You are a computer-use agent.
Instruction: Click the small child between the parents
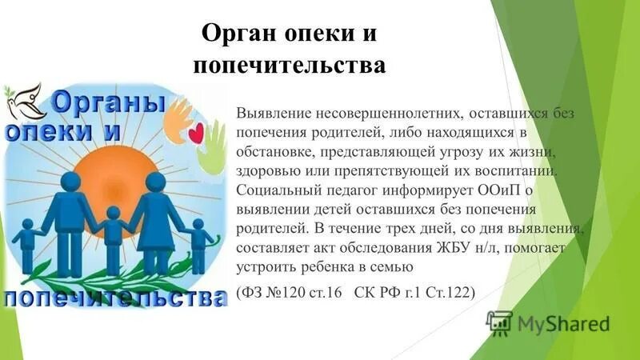(113, 231)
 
